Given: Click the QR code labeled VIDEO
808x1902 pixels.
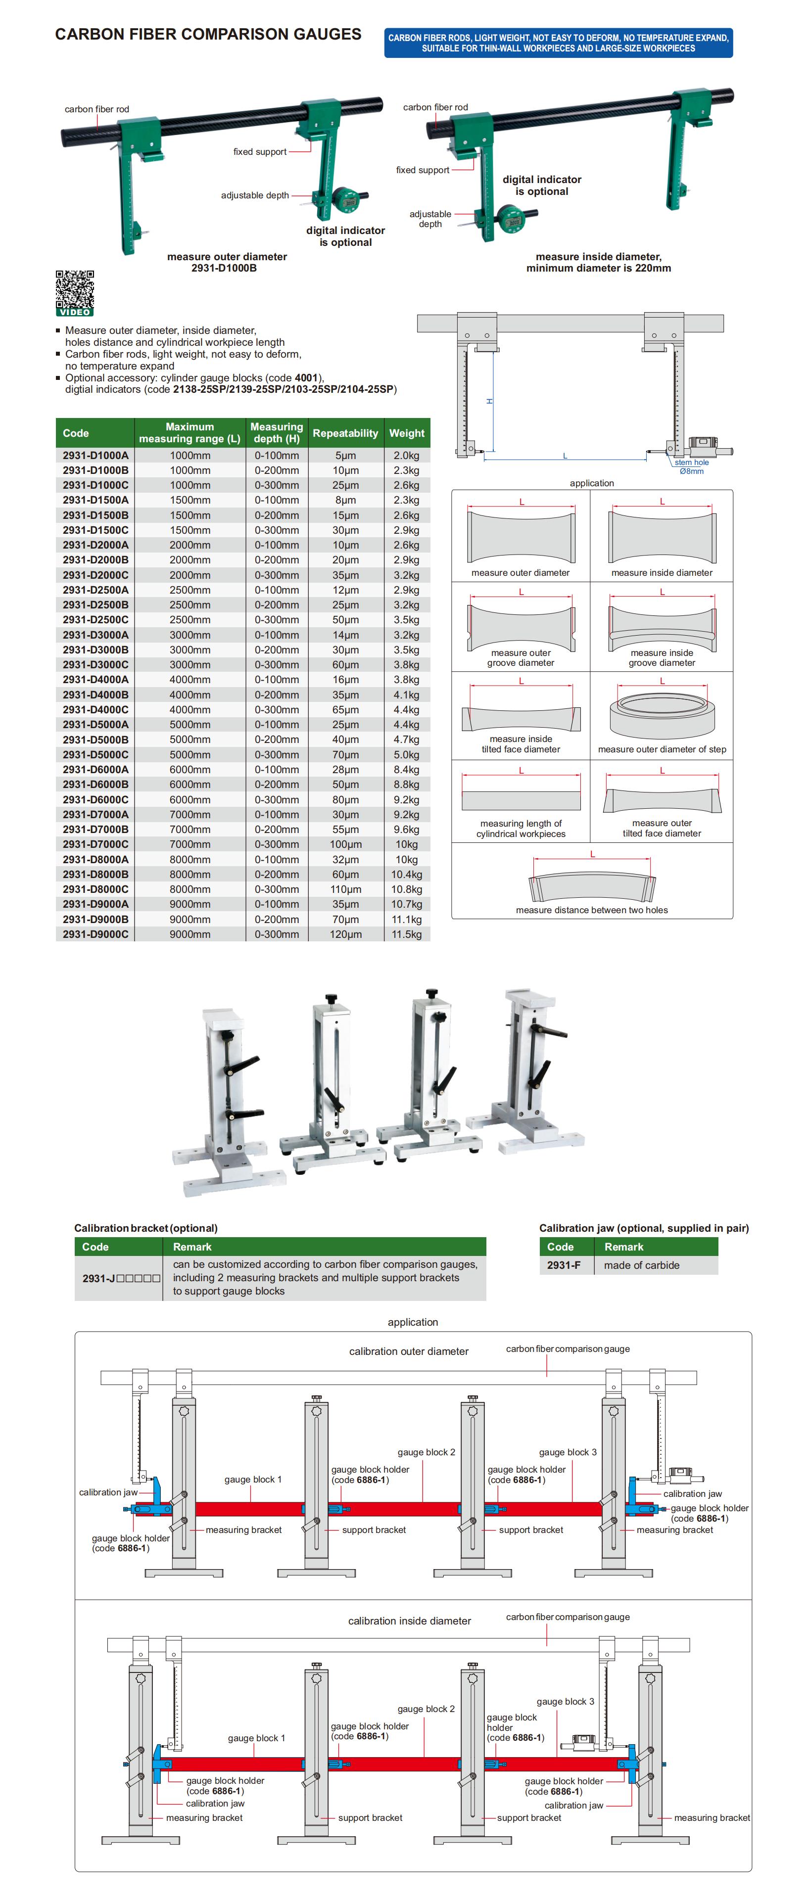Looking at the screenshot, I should (75, 292).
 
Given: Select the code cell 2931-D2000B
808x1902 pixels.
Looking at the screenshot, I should (95, 559).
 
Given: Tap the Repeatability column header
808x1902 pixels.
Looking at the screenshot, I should (345, 433).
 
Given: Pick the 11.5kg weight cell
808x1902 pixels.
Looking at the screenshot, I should (406, 934).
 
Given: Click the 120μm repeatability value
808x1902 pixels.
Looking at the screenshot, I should (345, 934).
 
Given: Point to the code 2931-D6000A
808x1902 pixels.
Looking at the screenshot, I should (95, 769).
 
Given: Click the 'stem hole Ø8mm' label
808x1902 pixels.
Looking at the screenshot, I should (691, 466).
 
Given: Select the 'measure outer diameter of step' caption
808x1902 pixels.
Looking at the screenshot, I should (662, 749).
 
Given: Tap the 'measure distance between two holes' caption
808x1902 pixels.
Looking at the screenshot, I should (592, 910).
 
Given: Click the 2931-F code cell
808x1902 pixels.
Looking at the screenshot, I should (564, 1265).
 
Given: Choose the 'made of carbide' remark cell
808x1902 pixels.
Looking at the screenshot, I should (641, 1265).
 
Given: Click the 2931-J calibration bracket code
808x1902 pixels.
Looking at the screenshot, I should (120, 1278).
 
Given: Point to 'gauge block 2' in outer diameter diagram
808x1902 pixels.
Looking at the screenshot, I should (426, 1451).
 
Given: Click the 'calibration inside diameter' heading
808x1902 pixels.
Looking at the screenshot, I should (409, 1621).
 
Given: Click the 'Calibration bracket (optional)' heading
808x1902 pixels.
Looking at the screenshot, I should (145, 1228).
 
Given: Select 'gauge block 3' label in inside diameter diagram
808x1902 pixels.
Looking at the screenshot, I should (565, 1701).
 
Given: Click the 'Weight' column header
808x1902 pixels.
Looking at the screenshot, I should (406, 433).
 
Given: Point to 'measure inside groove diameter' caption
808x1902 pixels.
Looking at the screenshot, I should (662, 658).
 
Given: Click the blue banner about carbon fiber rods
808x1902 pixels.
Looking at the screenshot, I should (558, 43).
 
